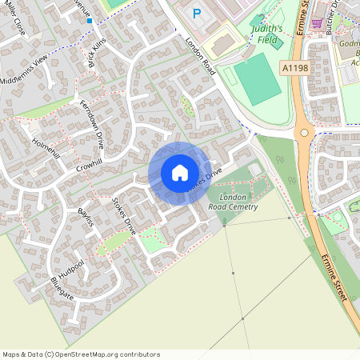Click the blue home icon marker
coord(179,173)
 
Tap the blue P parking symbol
coord(198,13)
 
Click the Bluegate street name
coord(62,290)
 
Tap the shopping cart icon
coord(318,22)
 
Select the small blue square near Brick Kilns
coord(90,22)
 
